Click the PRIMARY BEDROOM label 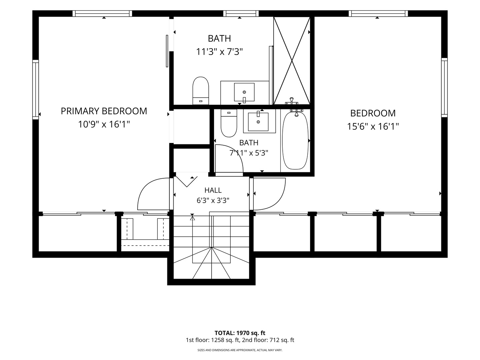pos(104,111)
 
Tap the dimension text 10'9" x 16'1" pos(104,124)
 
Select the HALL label pos(213,190)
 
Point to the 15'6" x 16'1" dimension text pos(373,126)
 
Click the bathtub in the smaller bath pos(295,140)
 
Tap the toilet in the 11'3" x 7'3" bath pos(201,90)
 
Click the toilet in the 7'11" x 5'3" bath pos(229,123)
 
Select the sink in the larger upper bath pos(244,92)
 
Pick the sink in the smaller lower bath pos(258,122)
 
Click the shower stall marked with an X pos(292,61)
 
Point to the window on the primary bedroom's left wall pos(35,90)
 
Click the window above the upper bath pos(241,14)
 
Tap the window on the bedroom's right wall pos(444,87)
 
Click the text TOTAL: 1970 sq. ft pos(240,333)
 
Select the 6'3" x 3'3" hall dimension pos(213,200)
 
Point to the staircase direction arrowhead pos(192,218)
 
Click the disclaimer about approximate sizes pos(240,350)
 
